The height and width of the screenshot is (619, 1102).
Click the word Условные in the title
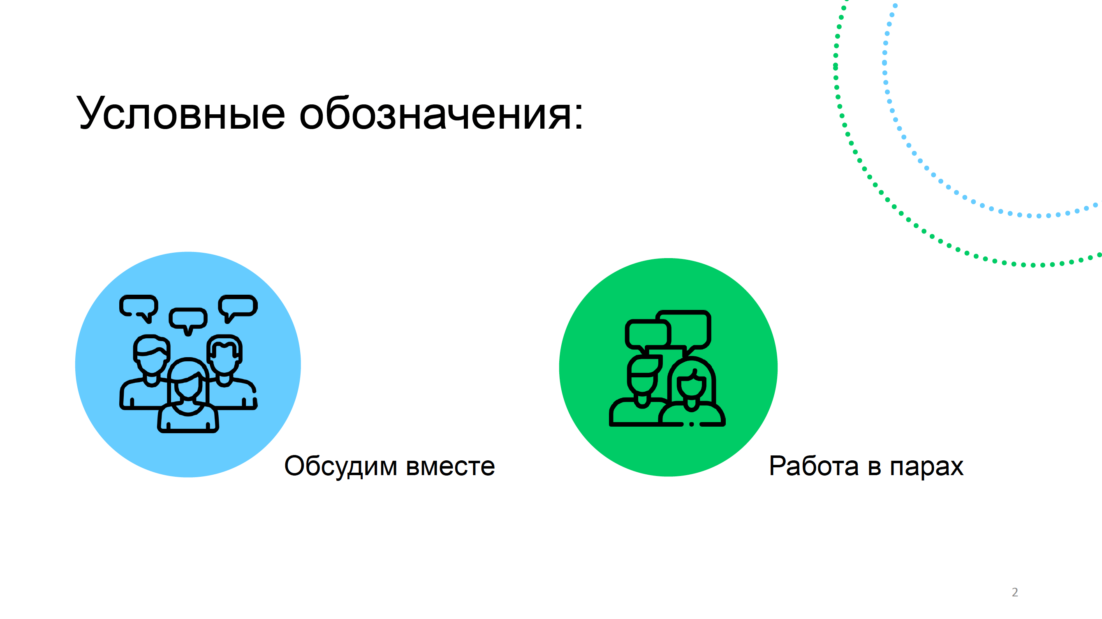[x=181, y=113]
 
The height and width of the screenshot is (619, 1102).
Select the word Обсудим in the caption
[x=340, y=467]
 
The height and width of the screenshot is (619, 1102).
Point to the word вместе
[x=451, y=467]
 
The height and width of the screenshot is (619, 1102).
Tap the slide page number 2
[x=1015, y=592]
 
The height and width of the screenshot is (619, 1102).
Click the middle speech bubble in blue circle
[x=188, y=320]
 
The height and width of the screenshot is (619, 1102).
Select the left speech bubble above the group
[x=139, y=307]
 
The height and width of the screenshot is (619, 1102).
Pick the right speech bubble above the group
[x=238, y=307]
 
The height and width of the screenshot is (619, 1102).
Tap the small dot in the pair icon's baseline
[x=691, y=424]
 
